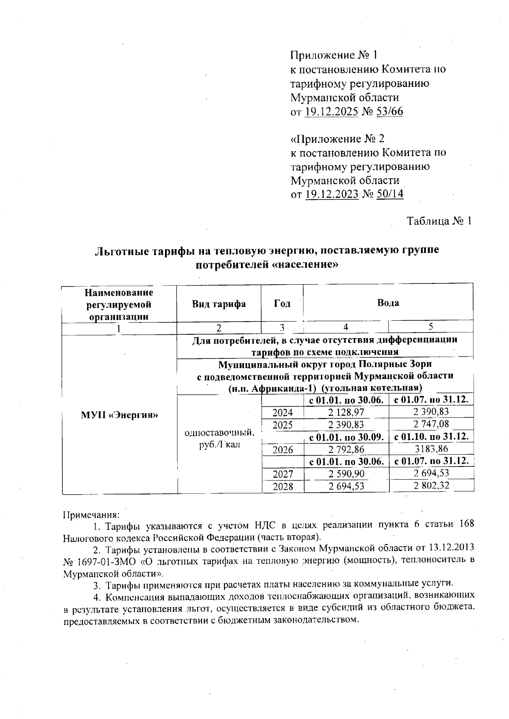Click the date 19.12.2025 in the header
[x=332, y=111]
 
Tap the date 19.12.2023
[x=332, y=194]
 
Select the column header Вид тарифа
[x=218, y=304]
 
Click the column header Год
[x=282, y=304]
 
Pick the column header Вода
[x=388, y=303]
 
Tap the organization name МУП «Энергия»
[x=119, y=415]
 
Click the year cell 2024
[x=282, y=412]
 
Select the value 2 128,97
[x=346, y=411]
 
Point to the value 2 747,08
[x=431, y=424]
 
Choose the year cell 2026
[x=282, y=450]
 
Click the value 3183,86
[x=431, y=449]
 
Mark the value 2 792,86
[x=346, y=449]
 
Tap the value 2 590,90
[x=346, y=474]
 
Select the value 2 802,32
[x=431, y=486]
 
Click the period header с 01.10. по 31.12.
[x=431, y=436]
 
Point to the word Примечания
[x=91, y=515]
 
